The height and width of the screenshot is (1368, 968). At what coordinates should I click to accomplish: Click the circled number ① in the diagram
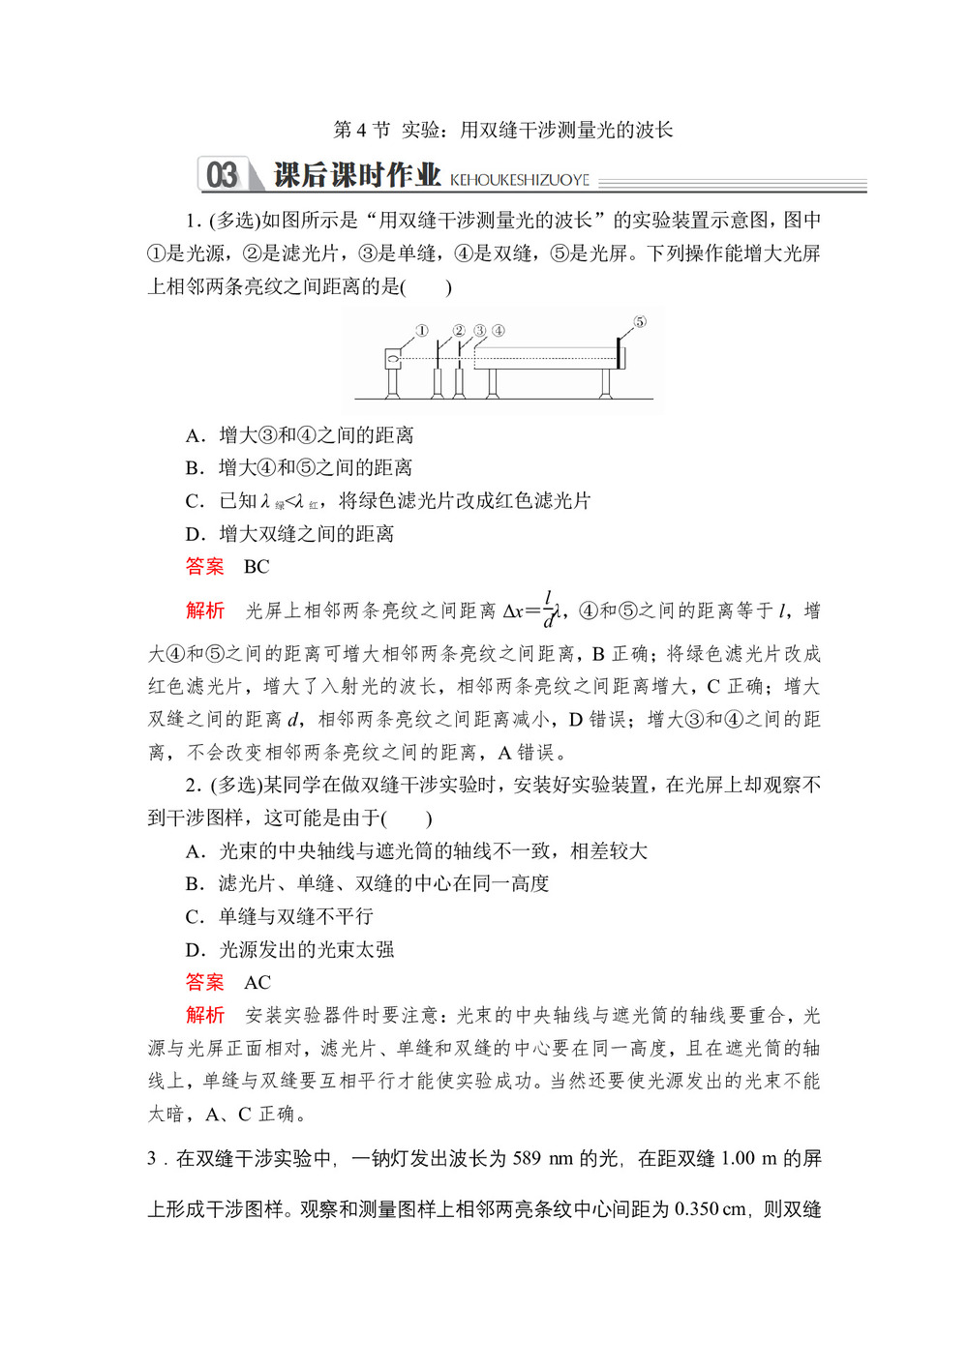pyautogui.click(x=421, y=331)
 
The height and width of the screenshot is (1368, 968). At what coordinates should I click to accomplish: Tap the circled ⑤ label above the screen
pyautogui.click(x=639, y=322)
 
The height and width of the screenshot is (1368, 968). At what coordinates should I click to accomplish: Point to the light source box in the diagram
pyautogui.click(x=394, y=359)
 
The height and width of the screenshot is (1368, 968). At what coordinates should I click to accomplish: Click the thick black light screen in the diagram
pyautogui.click(x=618, y=353)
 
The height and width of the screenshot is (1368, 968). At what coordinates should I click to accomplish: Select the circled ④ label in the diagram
pyautogui.click(x=498, y=331)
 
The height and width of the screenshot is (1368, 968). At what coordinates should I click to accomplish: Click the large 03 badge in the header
pyautogui.click(x=222, y=175)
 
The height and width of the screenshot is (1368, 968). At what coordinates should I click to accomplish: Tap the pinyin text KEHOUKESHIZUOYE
pyautogui.click(x=520, y=180)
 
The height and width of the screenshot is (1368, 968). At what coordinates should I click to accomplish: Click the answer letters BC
pyautogui.click(x=257, y=567)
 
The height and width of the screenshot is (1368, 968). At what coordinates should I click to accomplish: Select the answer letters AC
pyautogui.click(x=257, y=983)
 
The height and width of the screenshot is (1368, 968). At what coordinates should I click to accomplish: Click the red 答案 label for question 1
pyautogui.click(x=204, y=567)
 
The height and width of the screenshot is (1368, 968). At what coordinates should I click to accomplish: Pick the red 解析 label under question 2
pyautogui.click(x=204, y=1015)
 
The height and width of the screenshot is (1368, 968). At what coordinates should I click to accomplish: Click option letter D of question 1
pyautogui.click(x=194, y=534)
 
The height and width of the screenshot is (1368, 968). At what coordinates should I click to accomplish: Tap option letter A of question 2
pyautogui.click(x=194, y=851)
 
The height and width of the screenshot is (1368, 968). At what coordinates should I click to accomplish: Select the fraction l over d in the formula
pyautogui.click(x=548, y=610)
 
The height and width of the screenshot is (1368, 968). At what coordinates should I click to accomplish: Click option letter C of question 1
pyautogui.click(x=194, y=501)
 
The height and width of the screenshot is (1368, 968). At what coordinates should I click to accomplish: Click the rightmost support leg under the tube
pyautogui.click(x=606, y=383)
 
